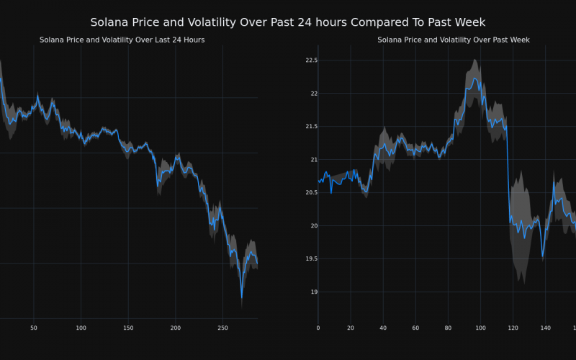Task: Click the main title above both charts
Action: pyautogui.click(x=288, y=22)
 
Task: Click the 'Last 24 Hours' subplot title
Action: pyautogui.click(x=122, y=40)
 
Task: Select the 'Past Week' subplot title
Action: pyautogui.click(x=454, y=40)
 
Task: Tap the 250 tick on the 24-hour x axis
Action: pyautogui.click(x=222, y=328)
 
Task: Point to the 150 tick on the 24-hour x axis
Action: pyautogui.click(x=128, y=328)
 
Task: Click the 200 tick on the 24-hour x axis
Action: pyautogui.click(x=176, y=328)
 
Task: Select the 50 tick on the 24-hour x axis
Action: pyautogui.click(x=34, y=328)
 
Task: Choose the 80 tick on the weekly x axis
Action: pyautogui.click(x=448, y=328)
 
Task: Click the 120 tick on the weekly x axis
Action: pyautogui.click(x=513, y=328)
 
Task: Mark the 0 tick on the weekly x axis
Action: pyautogui.click(x=318, y=328)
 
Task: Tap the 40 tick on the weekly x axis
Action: pyautogui.click(x=383, y=328)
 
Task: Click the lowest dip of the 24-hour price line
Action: pyautogui.click(x=242, y=297)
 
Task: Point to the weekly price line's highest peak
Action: pyautogui.click(x=474, y=78)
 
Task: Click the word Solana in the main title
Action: pyautogui.click(x=109, y=22)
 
